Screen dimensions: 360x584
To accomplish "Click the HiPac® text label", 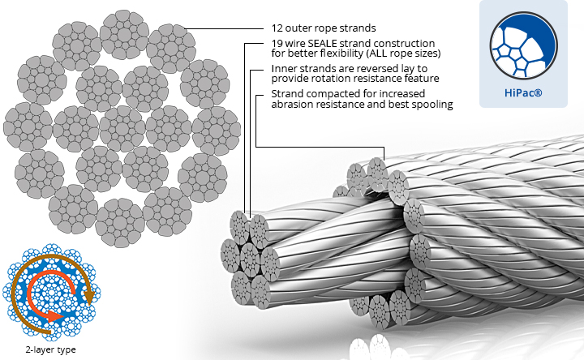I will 527,94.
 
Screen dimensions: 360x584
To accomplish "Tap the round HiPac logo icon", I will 527,48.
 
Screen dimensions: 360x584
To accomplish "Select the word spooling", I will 431,105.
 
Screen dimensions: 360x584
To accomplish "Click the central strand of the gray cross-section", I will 122,128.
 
